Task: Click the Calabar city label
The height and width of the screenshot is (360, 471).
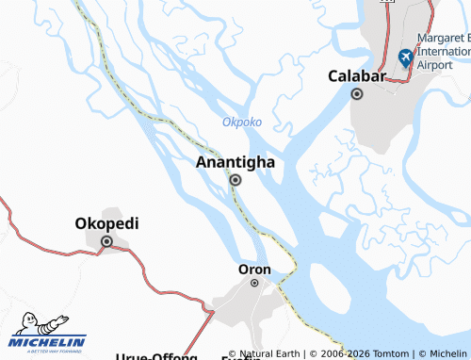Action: [357, 76]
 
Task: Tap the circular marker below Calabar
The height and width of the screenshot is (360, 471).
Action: [357, 94]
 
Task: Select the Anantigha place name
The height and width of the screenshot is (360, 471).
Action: [235, 162]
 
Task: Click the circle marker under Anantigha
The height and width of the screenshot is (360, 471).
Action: [235, 180]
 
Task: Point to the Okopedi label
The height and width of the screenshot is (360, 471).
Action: [106, 224]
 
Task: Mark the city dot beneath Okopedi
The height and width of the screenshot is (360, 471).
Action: [106, 242]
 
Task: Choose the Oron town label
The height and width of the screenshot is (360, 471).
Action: [254, 270]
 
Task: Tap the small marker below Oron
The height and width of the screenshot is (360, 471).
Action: [254, 283]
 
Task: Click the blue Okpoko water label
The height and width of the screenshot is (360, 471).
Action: [242, 123]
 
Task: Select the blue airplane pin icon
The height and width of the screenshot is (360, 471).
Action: [406, 58]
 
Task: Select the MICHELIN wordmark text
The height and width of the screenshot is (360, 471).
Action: [49, 342]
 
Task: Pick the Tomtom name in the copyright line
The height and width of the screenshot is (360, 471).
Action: [387, 353]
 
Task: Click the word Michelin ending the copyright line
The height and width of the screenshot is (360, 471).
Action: [447, 353]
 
